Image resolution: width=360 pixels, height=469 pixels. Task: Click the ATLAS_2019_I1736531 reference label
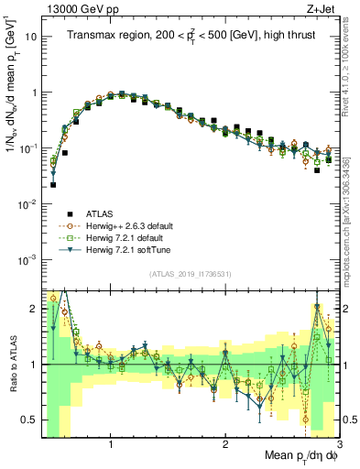pos(191,272)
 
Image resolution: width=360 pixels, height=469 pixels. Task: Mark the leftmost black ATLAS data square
pos(53,184)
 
